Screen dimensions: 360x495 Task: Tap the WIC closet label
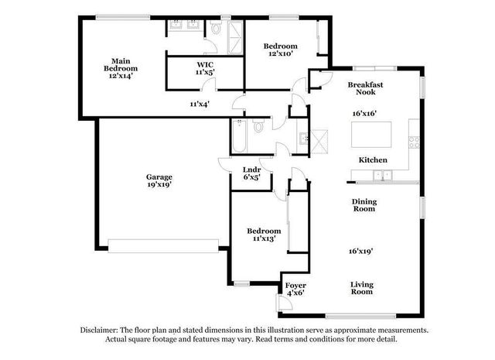tap(205, 64)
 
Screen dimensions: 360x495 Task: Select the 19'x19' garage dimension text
tap(159, 186)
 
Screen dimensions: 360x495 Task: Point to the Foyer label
tap(295, 286)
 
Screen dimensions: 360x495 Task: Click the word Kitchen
tap(372, 160)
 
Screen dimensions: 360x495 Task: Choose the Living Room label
tap(362, 288)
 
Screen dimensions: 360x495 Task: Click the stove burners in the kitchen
tap(414, 141)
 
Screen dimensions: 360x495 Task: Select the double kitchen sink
tap(384, 175)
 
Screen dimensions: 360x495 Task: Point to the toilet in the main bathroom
tap(218, 28)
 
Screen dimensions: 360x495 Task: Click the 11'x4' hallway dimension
tap(200, 103)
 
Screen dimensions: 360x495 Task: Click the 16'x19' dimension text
tap(362, 251)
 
